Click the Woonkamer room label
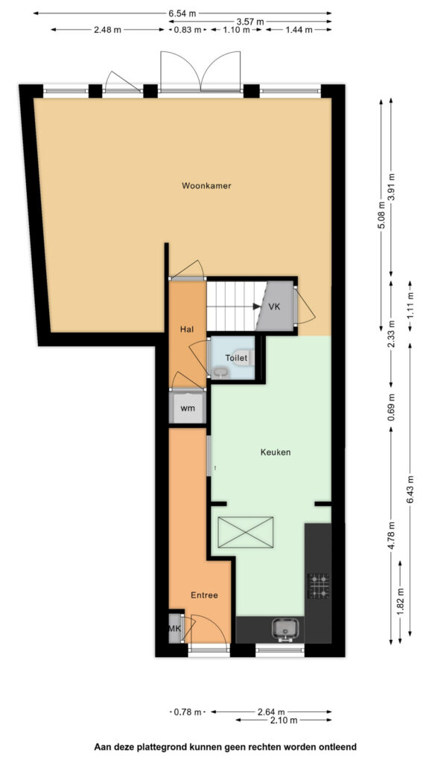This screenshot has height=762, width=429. [206, 185]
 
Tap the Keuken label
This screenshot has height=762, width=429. [276, 452]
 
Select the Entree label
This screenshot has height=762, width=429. [204, 595]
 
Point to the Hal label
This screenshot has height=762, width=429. [187, 329]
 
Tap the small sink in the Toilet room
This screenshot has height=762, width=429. [220, 373]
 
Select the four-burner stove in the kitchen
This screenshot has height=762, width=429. [319, 586]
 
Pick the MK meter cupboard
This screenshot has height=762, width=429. [175, 629]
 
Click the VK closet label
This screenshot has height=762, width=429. [274, 307]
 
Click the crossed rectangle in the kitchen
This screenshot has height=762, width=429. [246, 532]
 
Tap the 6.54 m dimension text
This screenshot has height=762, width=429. [182, 13]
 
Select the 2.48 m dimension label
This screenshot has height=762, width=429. [107, 30]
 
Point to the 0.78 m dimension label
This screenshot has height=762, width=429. [187, 712]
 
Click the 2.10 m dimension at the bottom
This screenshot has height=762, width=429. [283, 720]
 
